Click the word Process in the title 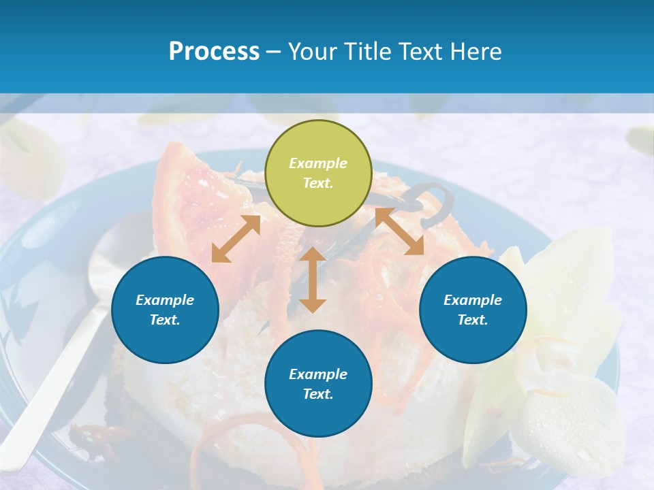[214, 52]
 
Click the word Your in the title [313, 52]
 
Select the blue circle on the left [165, 310]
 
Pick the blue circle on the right [473, 310]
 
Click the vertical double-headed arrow [313, 280]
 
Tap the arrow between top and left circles [236, 239]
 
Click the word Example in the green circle [318, 163]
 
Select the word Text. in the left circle [165, 320]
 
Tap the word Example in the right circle [473, 300]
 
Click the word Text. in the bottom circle [318, 394]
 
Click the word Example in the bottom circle [318, 374]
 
